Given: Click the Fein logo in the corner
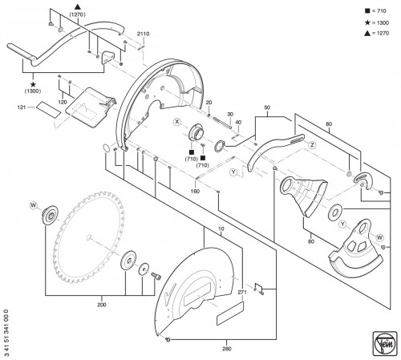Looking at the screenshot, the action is (385, 344).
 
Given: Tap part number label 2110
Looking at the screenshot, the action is (144, 34).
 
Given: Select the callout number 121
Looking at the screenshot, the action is (22, 107).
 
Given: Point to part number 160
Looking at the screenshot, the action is (195, 191).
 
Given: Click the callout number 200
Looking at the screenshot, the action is (102, 305).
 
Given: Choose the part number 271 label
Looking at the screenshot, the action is (242, 292).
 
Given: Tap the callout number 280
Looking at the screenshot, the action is (227, 349).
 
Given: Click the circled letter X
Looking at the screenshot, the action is (177, 122).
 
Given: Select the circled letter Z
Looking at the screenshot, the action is (312, 145).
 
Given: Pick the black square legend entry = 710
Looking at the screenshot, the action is (375, 11).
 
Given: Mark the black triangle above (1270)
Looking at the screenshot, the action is (78, 6).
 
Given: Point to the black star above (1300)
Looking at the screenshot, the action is (33, 84).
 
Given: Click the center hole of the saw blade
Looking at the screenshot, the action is (89, 237).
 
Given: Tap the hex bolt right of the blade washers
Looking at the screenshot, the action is (156, 276).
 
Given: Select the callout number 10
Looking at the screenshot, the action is (221, 229).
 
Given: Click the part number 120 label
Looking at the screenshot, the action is (63, 102).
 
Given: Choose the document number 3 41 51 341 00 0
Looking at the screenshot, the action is (6, 333).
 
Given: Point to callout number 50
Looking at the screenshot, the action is (267, 107).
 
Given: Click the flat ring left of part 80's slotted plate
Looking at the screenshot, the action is (334, 212).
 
